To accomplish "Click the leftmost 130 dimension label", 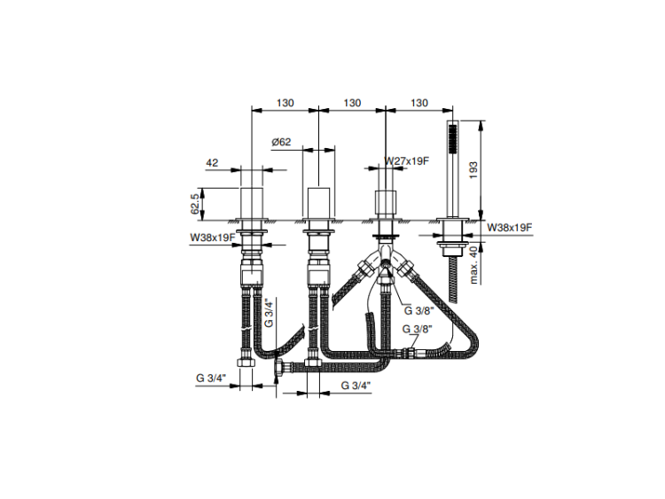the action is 285,103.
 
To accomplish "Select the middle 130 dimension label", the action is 352,103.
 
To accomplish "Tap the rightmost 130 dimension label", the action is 419,103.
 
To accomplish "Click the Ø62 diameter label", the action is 281,142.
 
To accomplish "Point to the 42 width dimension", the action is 212,163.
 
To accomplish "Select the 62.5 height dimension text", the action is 195,204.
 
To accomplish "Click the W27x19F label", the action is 407,161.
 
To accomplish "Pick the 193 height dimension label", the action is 473,170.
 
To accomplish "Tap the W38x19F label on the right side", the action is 509,228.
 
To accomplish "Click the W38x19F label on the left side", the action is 213,238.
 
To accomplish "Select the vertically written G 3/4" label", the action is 269,313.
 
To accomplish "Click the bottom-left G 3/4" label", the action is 211,378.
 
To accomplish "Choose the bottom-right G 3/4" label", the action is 356,386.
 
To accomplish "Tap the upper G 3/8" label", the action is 419,311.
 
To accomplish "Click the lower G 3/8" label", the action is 417,329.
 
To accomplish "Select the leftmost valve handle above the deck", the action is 252,203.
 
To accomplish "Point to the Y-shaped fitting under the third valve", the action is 386,259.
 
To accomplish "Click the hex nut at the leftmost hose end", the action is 246,363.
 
